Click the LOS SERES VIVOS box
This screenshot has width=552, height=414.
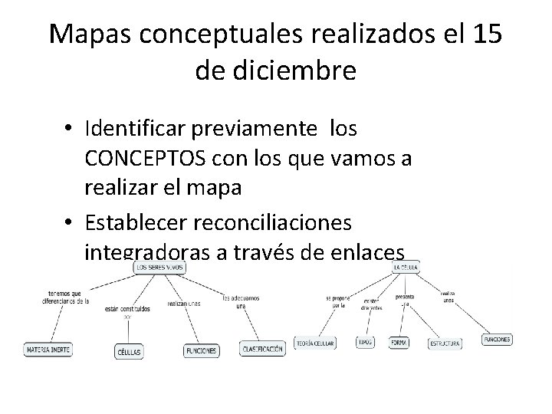click(x=160, y=268)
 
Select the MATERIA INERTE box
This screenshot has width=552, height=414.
click(x=48, y=349)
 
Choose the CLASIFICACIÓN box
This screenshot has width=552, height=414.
click(x=263, y=349)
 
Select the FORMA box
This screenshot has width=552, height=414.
click(x=398, y=343)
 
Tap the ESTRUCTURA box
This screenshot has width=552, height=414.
click(x=445, y=344)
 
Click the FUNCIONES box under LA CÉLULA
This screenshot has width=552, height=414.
click(x=497, y=339)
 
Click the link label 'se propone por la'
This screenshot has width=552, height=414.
click(x=337, y=301)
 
